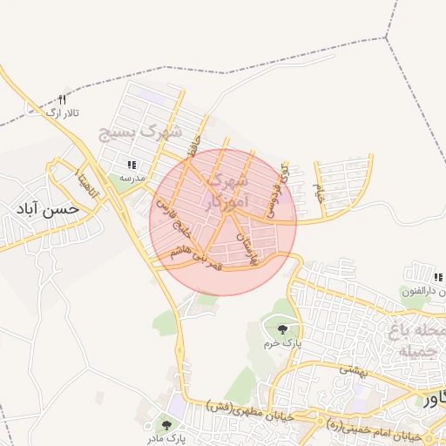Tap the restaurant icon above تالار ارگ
(x=61, y=99)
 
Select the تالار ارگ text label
(x=62, y=112)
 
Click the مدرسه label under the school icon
(x=132, y=177)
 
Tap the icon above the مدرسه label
(x=132, y=164)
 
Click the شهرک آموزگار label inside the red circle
(x=225, y=192)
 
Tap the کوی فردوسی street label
(x=278, y=186)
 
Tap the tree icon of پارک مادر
(x=166, y=424)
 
